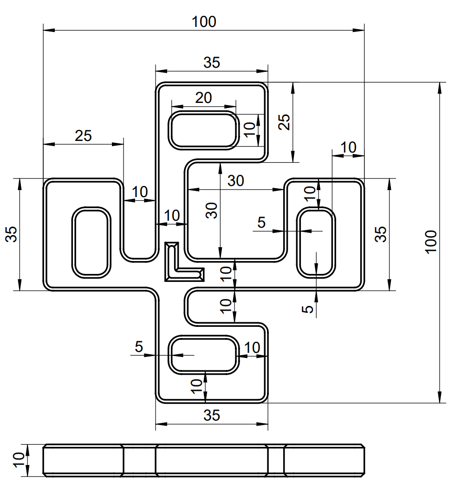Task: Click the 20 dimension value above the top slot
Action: coord(203,97)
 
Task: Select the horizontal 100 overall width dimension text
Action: coord(204,21)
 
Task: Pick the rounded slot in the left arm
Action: coord(91,242)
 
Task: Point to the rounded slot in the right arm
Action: coord(316,242)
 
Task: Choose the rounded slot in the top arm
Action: coord(204,130)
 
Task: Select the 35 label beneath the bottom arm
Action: coord(212,415)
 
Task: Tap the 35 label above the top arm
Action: coord(212,63)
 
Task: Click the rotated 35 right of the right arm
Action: coord(381,234)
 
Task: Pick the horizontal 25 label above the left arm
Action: coord(84,135)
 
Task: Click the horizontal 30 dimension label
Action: coord(236,181)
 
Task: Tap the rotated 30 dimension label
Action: coord(212,211)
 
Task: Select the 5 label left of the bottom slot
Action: coord(139,346)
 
